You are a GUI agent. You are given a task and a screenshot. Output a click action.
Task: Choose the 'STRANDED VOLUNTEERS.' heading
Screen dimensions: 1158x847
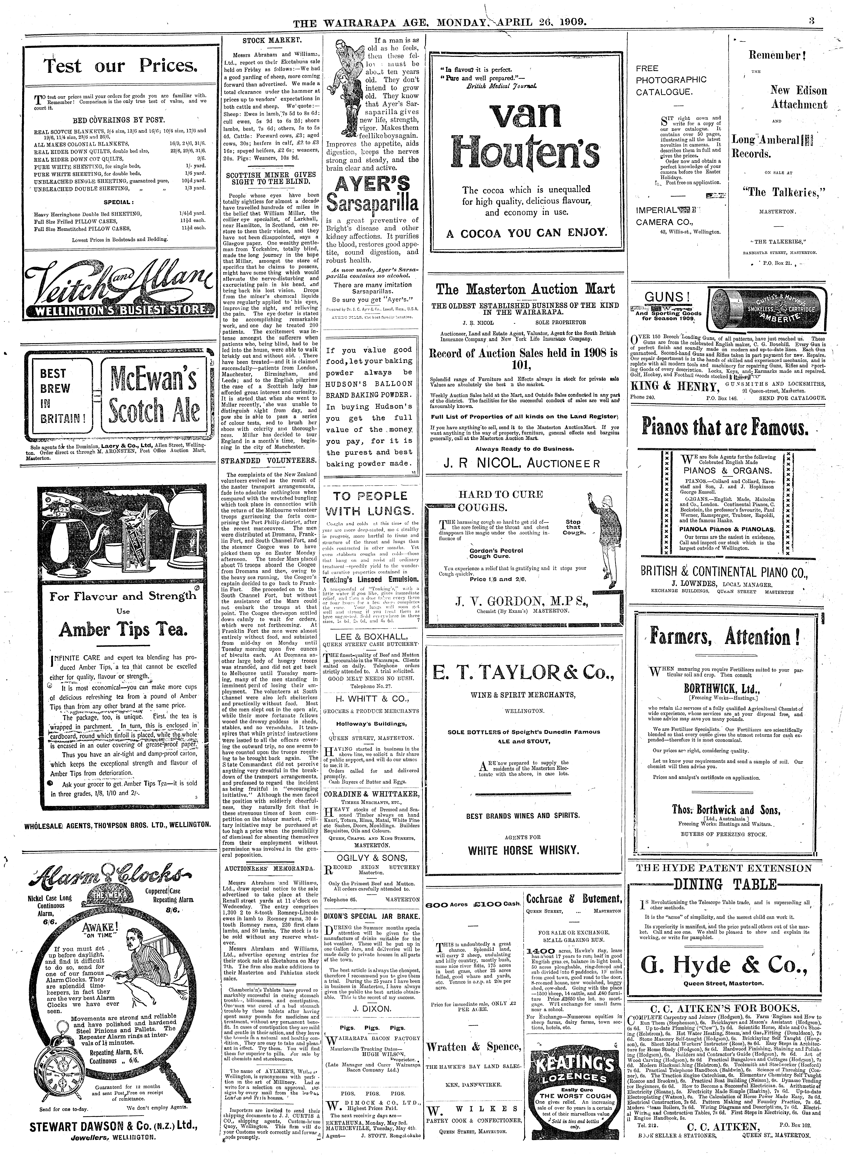271,461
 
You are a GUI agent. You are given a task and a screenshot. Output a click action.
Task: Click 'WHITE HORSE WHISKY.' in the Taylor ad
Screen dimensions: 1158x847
523,850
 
